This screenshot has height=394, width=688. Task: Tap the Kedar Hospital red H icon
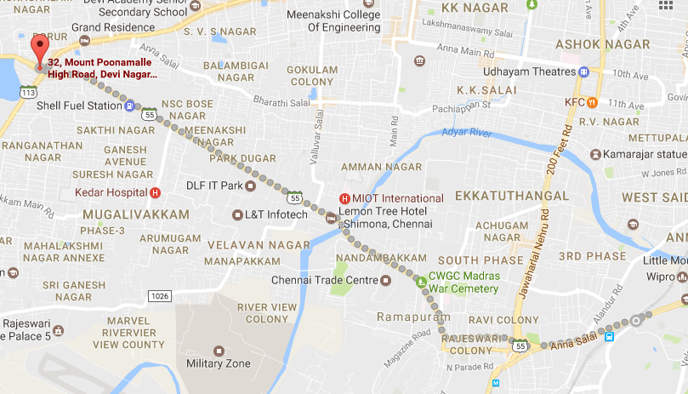pos(155,192)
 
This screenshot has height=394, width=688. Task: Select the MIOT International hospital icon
pos(344,198)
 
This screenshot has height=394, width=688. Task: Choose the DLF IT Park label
pos(215,186)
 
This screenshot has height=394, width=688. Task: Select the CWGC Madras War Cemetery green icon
pos(419,281)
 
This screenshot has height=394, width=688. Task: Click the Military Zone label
pos(219,364)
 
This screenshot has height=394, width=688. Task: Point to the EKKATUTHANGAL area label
pos(512,196)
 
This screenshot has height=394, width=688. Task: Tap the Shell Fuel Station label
pos(80,106)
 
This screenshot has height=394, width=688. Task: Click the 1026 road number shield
pos(158,295)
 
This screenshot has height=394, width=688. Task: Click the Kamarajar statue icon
pos(594,154)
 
